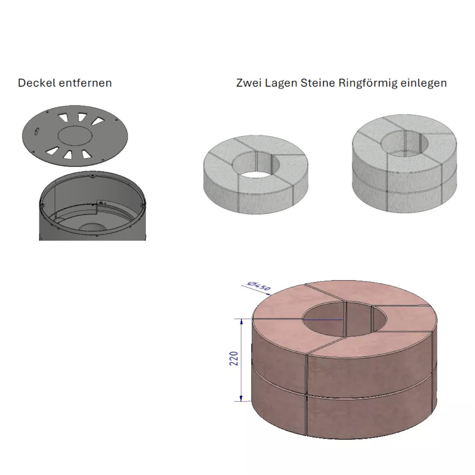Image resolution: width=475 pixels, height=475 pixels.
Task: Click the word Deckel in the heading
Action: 37,83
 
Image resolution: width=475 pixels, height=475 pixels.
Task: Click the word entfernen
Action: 85,83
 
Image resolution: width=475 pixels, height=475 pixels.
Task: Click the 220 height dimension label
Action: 234,358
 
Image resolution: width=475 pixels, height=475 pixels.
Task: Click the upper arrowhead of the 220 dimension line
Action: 241,321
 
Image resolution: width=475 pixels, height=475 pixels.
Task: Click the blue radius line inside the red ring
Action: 323,319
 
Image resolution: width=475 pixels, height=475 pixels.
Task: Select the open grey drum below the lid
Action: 92,206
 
